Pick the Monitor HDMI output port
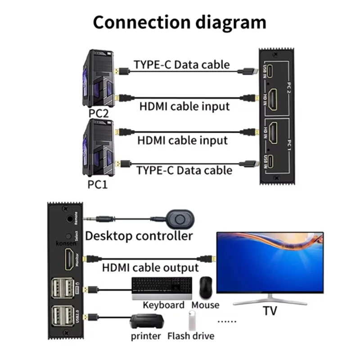70,260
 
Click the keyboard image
162,288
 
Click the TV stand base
270,300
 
